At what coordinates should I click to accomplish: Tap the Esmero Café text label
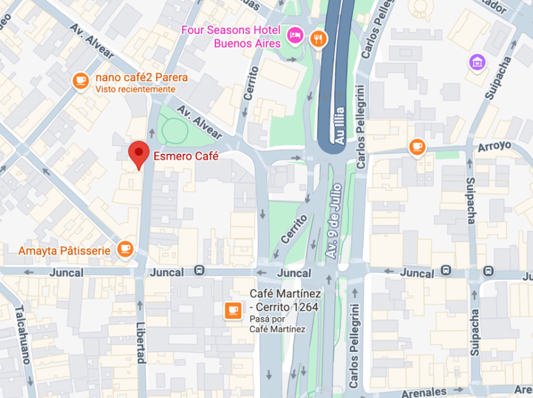[x=185, y=156]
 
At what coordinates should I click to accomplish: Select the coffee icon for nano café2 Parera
[x=80, y=80]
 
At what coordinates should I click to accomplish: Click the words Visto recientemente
[x=135, y=90]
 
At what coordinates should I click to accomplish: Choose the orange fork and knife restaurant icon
[x=318, y=39]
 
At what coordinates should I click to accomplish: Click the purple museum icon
[x=477, y=61]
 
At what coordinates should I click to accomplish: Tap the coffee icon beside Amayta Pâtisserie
[x=125, y=249]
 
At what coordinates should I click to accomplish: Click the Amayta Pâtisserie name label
[x=64, y=250]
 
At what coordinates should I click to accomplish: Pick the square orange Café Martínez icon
[x=233, y=310]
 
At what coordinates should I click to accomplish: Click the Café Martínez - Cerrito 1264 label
[x=284, y=300]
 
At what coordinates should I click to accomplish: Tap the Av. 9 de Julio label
[x=334, y=222]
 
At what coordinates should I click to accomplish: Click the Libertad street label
[x=141, y=342]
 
